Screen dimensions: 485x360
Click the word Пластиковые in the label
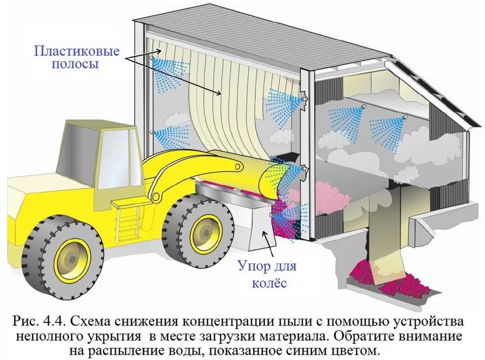coord(77,51)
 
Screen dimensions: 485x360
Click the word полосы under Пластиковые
coord(77,64)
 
